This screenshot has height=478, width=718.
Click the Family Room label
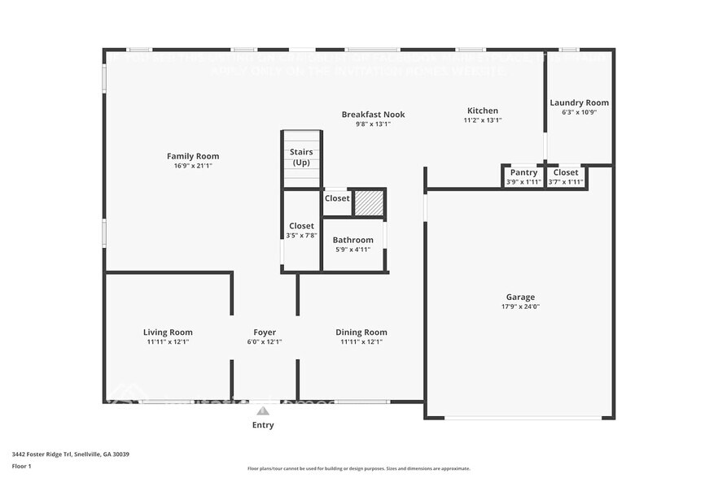193,156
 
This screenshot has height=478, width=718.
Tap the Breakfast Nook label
373,115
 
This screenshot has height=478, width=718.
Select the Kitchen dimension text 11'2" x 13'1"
482,120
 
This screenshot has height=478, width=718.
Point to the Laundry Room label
579,102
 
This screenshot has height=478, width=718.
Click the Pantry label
523,172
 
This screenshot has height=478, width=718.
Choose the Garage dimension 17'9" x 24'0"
520,307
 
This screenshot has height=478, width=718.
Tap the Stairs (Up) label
301,157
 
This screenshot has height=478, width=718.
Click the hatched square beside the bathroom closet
368,202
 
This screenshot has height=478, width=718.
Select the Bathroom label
352,240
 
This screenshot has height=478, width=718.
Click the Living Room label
168,332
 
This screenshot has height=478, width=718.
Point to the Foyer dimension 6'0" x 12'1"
265,342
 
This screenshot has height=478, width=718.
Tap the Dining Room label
361,332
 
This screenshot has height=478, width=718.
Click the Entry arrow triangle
263,411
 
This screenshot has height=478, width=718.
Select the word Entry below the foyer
263,425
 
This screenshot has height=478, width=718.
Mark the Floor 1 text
21,466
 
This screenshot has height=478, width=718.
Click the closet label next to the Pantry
566,172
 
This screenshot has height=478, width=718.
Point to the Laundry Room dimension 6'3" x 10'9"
579,112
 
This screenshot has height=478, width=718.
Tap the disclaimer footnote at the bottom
358,468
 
